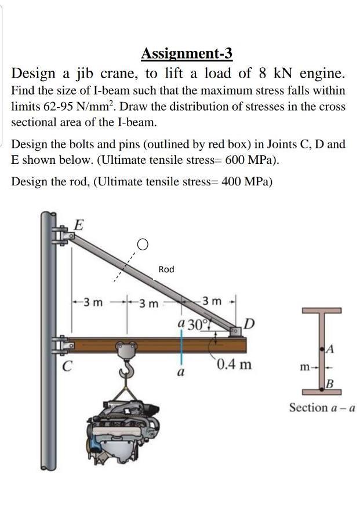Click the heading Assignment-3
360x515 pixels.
187,54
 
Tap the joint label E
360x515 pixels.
78,225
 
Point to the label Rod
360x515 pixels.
166,269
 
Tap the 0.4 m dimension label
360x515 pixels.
235,365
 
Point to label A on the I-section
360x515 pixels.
332,348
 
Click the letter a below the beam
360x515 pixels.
180,374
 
